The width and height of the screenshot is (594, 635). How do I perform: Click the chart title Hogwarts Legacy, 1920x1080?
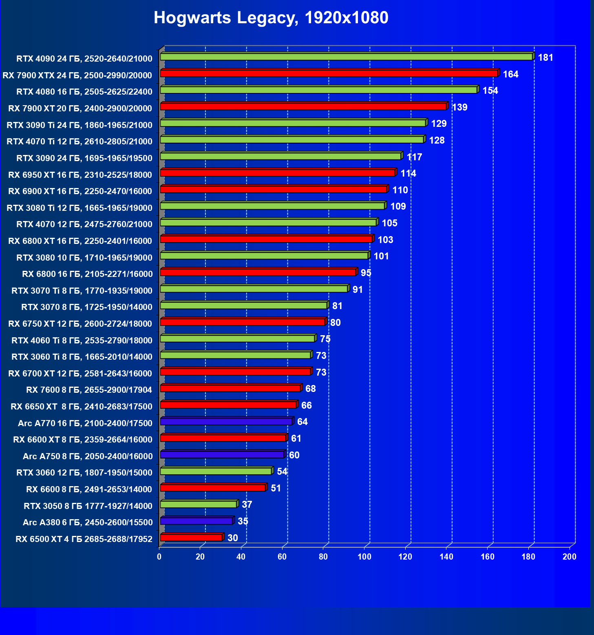(271, 18)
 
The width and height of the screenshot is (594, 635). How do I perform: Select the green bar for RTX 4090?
(347, 57)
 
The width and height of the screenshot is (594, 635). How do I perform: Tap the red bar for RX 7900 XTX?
(329, 73)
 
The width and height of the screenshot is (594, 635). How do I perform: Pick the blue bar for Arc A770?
(226, 422)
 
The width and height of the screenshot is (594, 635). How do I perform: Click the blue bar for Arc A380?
(196, 521)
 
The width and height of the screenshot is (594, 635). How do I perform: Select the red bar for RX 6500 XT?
(191, 538)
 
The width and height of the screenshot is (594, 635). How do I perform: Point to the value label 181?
(545, 58)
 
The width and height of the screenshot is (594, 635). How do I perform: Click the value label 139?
(460, 108)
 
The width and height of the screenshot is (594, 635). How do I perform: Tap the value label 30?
(233, 538)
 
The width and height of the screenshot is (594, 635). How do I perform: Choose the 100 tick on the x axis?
(364, 557)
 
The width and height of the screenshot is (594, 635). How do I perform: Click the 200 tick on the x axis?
(570, 557)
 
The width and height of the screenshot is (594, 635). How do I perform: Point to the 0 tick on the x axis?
(159, 557)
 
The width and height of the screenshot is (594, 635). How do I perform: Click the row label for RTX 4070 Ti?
(79, 142)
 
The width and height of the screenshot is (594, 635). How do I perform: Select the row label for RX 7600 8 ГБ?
(89, 390)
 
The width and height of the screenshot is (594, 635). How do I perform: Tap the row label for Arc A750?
(88, 456)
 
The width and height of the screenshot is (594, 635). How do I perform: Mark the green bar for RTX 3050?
(199, 504)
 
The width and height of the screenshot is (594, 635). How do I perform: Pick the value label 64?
(303, 422)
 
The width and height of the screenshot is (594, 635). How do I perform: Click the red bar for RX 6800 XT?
(266, 239)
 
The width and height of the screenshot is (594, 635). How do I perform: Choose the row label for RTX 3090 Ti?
(79, 125)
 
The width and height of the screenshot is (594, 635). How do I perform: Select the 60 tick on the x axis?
(282, 557)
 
